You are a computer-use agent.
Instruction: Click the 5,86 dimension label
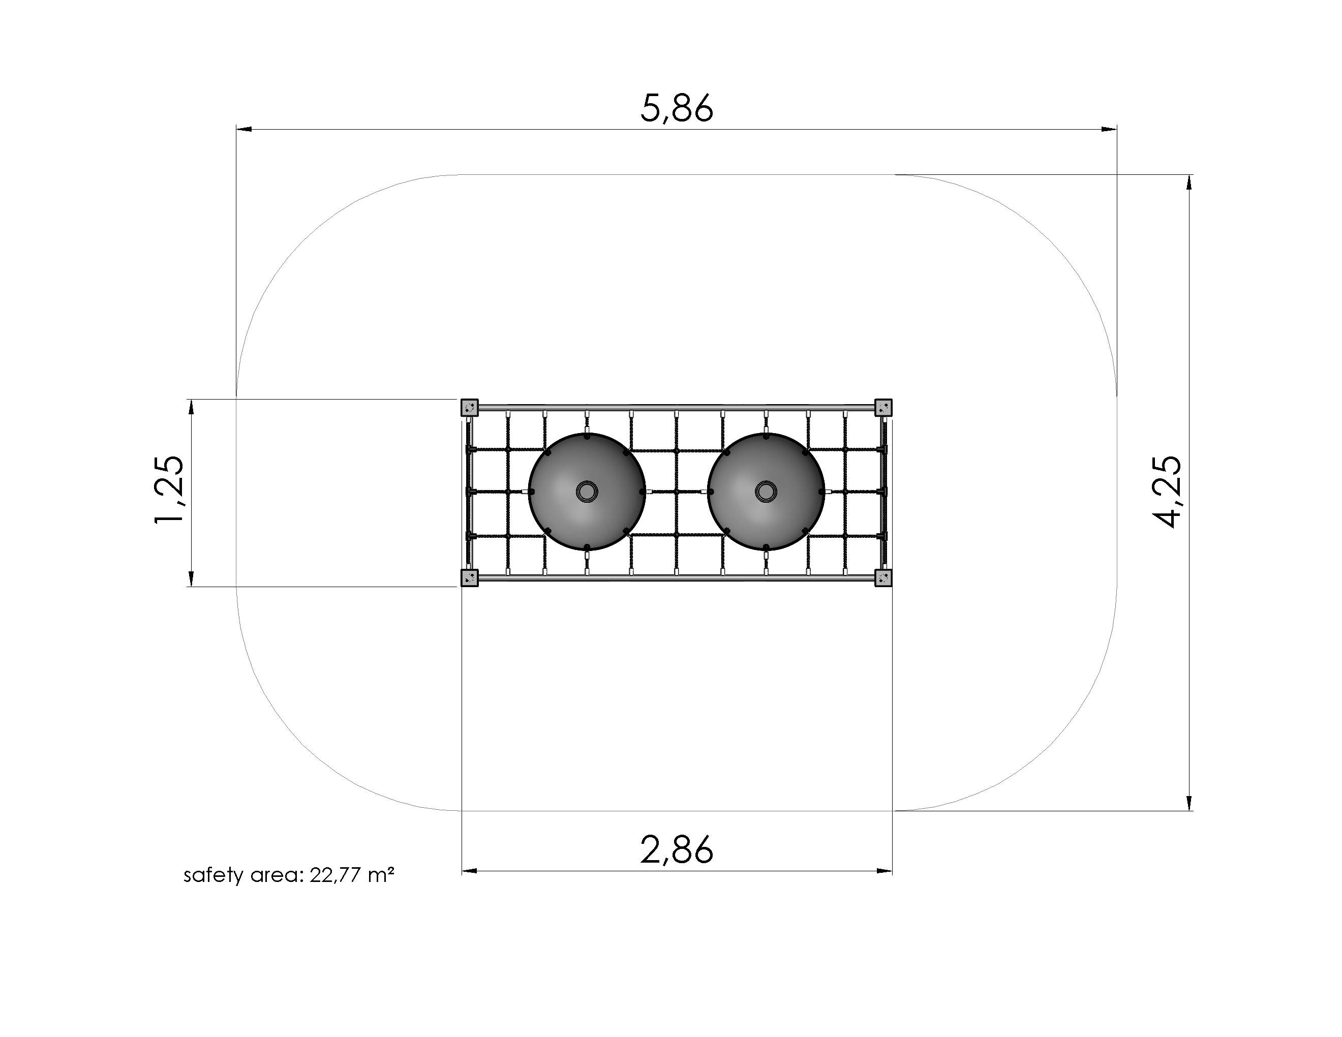[x=677, y=108]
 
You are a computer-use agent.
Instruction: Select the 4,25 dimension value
[x=1166, y=492]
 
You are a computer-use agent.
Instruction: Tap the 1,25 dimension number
[x=168, y=490]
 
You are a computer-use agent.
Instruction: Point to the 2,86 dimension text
[x=677, y=850]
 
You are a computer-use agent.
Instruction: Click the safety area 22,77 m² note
[x=289, y=875]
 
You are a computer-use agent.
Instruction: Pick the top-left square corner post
[x=470, y=407]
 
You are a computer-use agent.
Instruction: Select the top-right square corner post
[x=883, y=407]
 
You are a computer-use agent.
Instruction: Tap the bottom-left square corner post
[x=470, y=578]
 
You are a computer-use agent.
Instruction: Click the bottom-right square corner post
[x=883, y=578]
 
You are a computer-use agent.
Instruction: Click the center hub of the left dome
[x=587, y=492]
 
